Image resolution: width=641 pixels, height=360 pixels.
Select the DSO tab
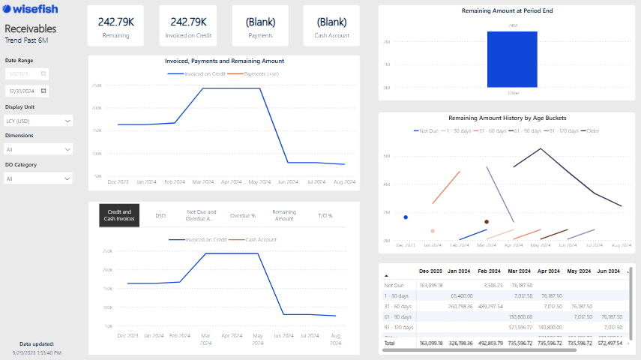[x=160, y=215]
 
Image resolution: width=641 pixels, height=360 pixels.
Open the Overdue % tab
[x=243, y=215]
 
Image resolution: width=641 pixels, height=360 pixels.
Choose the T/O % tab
[x=325, y=215]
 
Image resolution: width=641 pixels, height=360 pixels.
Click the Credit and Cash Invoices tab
[x=119, y=215]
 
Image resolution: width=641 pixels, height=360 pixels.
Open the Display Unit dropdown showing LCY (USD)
[x=38, y=121]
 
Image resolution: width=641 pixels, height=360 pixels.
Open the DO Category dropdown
[x=38, y=178]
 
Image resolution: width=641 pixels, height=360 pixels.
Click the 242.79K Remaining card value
[x=116, y=22]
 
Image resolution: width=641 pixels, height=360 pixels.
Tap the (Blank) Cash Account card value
[x=331, y=22]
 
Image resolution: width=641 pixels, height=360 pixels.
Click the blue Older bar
[x=512, y=59]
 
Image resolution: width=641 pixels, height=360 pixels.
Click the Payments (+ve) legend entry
[x=261, y=74]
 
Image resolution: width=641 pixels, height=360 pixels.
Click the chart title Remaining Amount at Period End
[x=507, y=11]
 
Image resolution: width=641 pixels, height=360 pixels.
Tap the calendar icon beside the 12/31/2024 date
[x=43, y=91]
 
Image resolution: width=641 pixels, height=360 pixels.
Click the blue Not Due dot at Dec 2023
[x=406, y=217]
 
